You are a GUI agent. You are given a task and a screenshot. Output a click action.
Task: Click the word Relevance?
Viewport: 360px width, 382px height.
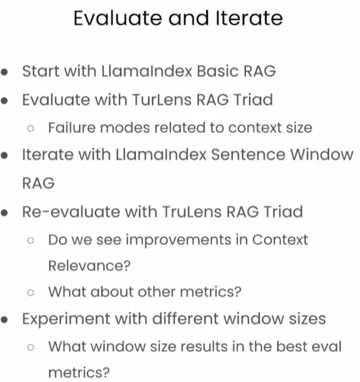(89, 266)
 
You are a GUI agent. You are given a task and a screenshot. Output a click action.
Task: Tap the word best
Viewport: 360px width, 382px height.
(290, 347)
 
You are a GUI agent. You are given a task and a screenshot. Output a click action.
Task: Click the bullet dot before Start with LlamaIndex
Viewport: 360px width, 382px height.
(5, 72)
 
